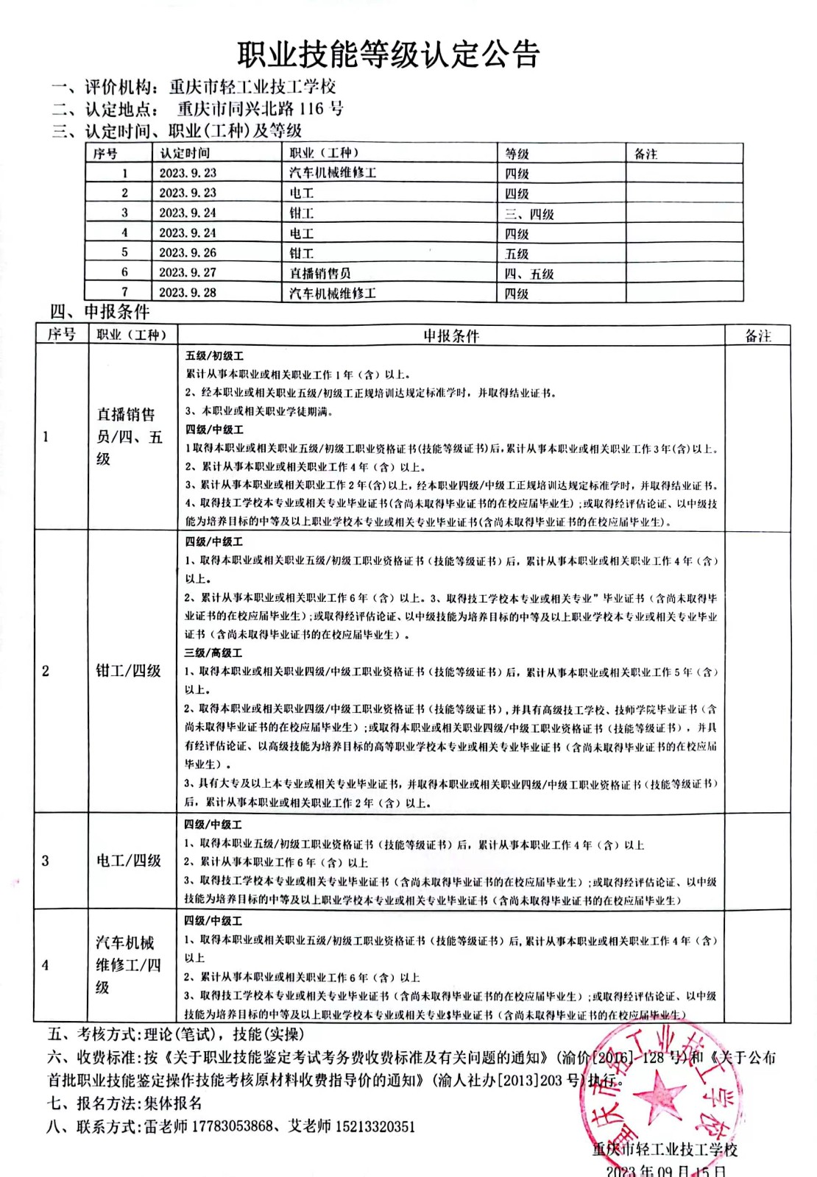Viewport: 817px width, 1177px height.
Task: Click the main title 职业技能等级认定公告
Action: pyautogui.click(x=389, y=54)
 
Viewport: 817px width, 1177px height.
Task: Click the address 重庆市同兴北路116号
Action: pyautogui.click(x=260, y=109)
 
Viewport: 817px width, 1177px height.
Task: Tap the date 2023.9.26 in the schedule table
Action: pyautogui.click(x=188, y=253)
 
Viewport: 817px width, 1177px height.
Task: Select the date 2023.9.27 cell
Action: pyautogui.click(x=188, y=273)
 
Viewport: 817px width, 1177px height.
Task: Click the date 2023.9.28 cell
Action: pyautogui.click(x=188, y=293)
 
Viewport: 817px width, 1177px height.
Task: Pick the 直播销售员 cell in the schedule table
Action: pyautogui.click(x=320, y=273)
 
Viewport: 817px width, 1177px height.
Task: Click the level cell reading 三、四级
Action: pyautogui.click(x=529, y=214)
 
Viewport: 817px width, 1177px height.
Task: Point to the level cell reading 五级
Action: pyautogui.click(x=517, y=254)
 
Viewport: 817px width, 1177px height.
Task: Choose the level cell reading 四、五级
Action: pyautogui.click(x=529, y=274)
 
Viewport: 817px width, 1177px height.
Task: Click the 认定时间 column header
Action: pyautogui.click(x=185, y=153)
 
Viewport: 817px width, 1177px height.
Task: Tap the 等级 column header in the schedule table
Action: pyautogui.click(x=517, y=154)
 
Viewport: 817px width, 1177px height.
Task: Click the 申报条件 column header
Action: pyautogui.click(x=450, y=336)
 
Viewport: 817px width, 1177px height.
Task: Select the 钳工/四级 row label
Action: pyautogui.click(x=128, y=671)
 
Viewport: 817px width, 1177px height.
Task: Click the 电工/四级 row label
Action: pyautogui.click(x=128, y=861)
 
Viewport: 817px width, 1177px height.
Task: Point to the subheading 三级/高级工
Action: pyautogui.click(x=213, y=653)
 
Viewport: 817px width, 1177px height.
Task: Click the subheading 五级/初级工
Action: pyautogui.click(x=214, y=356)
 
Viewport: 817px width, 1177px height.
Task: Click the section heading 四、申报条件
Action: pyautogui.click(x=99, y=312)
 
